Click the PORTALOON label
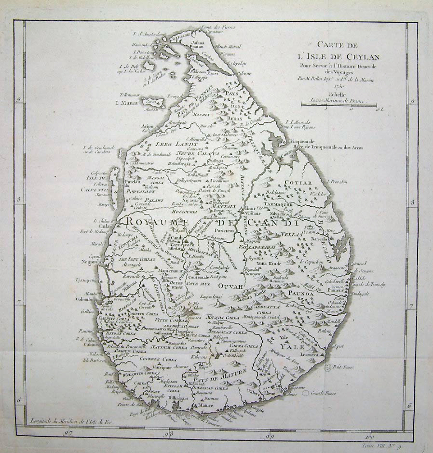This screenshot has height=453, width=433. click(x=143, y=191)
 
